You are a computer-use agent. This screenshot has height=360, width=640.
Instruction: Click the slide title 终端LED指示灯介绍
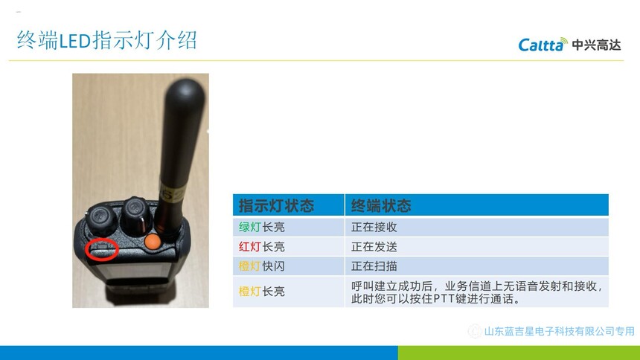coord(107,40)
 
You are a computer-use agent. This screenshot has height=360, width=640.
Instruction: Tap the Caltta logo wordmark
coord(543,45)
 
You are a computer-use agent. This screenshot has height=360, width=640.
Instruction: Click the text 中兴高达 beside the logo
coord(596,45)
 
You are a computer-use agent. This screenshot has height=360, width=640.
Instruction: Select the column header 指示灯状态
coord(276,205)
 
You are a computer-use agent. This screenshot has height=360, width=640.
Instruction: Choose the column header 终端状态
coord(381,205)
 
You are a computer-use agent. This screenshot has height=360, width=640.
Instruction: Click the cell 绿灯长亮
coord(262,227)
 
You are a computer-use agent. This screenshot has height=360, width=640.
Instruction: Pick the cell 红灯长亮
coord(262,246)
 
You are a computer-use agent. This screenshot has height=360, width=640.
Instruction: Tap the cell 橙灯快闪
coord(262,266)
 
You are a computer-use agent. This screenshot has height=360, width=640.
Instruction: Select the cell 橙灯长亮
coord(262,292)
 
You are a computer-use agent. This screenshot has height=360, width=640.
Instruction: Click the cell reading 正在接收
coord(374,227)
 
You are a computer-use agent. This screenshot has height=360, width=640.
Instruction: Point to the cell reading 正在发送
coord(374,246)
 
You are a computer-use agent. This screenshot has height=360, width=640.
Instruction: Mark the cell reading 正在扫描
coord(374,266)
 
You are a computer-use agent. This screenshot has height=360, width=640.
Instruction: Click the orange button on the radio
coord(153,241)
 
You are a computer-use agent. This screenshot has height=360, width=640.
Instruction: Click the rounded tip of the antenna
coord(185,86)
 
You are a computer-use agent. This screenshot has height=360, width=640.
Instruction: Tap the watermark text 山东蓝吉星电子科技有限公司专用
coord(559,331)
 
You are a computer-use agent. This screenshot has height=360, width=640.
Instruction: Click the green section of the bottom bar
coord(519,353)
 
